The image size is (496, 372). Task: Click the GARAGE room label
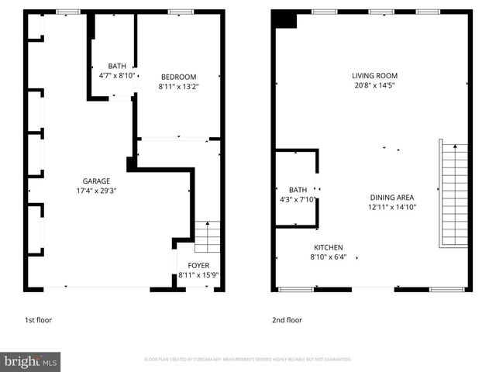(95, 181)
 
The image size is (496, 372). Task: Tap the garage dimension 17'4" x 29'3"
(95, 190)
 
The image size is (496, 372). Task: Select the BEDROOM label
(178, 77)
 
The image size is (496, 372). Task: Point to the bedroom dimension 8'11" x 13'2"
(178, 86)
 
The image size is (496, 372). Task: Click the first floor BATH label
(118, 66)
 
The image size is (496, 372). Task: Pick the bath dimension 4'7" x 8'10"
(118, 75)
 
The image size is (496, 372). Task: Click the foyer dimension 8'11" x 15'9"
(198, 275)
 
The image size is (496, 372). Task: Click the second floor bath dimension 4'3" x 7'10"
(298, 199)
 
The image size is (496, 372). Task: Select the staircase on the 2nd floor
(454, 194)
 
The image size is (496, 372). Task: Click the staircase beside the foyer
(207, 237)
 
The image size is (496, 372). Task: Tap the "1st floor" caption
(39, 319)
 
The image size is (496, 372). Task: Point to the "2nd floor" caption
(287, 319)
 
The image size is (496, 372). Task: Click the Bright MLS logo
(31, 361)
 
